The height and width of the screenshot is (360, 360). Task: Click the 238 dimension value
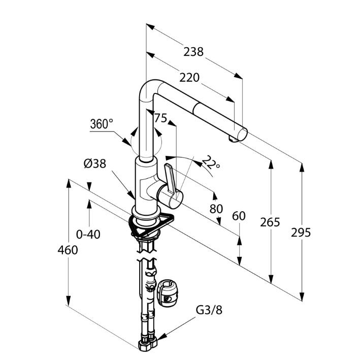(x=194, y=51)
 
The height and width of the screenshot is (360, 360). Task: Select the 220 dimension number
(x=189, y=77)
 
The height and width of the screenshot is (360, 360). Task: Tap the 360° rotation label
(x=102, y=124)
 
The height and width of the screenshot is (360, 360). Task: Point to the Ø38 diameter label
(x=94, y=163)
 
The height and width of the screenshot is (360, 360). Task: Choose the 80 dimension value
(x=217, y=208)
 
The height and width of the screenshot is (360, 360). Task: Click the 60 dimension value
(x=239, y=216)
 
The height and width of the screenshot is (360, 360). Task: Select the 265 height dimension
(x=270, y=222)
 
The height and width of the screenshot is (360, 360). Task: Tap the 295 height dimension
(x=301, y=232)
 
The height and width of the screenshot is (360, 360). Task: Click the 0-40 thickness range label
(x=88, y=234)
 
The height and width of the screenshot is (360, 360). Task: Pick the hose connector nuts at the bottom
(x=147, y=344)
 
